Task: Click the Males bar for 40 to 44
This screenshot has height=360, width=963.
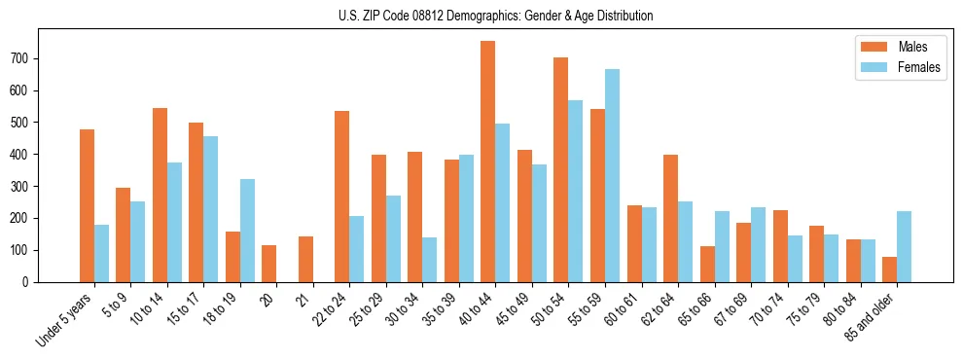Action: coord(488,162)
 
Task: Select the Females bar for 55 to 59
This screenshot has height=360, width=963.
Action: coord(612,175)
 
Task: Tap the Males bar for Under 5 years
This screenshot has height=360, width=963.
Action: coord(87,205)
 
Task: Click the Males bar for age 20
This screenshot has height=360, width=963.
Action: coord(269,264)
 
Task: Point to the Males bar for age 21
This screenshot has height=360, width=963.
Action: coord(305,259)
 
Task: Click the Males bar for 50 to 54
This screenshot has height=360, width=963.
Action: coord(561,169)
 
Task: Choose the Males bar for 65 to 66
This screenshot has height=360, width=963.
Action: coord(707,264)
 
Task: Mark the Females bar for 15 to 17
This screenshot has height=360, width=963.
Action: coord(211,209)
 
